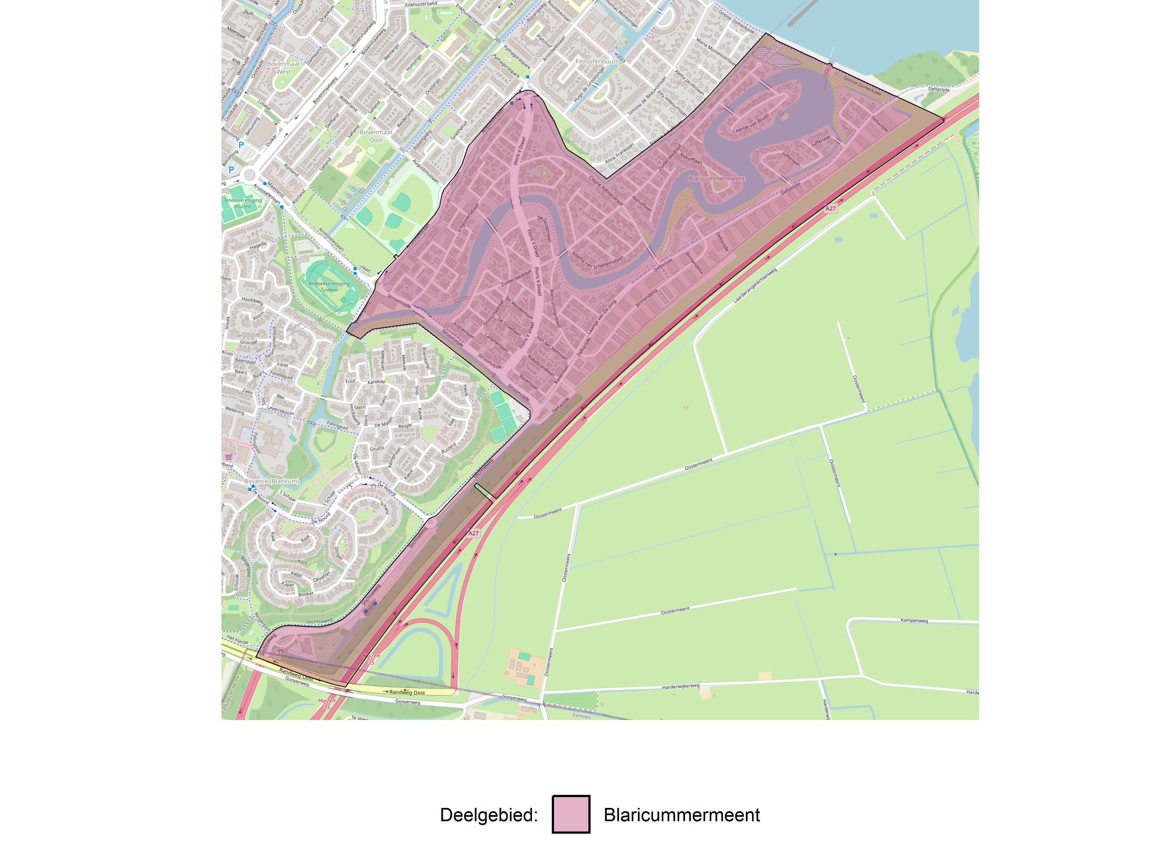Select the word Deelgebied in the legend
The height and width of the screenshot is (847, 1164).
click(489, 815)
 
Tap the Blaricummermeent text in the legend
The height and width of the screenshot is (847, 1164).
click(681, 815)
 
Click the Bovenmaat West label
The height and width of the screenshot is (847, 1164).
click(283, 68)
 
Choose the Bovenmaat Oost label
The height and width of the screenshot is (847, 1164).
click(376, 136)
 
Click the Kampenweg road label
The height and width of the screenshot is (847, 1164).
click(914, 620)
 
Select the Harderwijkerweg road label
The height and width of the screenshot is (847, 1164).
click(681, 686)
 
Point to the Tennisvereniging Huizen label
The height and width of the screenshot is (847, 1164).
click(243, 203)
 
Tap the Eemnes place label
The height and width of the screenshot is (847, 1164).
click(581, 716)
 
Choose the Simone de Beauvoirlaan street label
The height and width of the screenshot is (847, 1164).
click(647, 95)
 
